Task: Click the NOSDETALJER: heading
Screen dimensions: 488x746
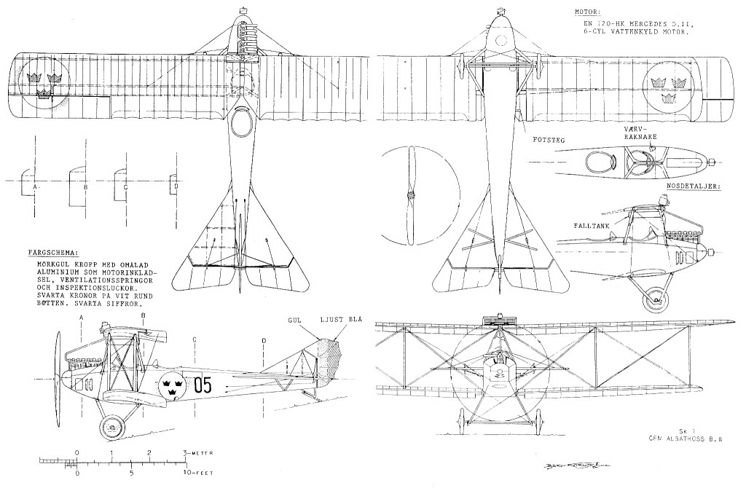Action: coord(693,187)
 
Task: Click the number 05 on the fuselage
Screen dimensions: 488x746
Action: coord(203,385)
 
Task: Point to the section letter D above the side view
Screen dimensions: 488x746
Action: coord(263,340)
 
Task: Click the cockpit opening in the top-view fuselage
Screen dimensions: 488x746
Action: coord(240,124)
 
